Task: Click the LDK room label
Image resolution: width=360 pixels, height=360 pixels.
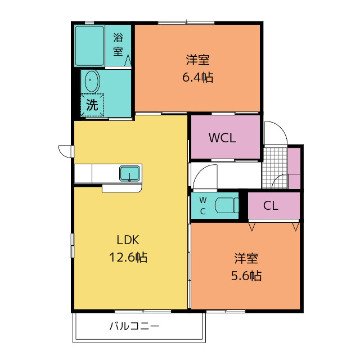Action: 128,240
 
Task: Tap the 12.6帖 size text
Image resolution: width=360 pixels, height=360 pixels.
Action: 128,257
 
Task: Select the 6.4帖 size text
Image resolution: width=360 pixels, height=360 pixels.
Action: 197,77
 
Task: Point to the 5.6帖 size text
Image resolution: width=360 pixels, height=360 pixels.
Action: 246,276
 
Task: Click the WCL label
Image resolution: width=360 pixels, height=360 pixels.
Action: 222,138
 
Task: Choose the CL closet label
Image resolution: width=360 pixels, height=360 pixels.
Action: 271,206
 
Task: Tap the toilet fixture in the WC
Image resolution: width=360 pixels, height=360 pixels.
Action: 227,205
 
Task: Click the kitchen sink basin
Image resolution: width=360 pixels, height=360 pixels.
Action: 129,173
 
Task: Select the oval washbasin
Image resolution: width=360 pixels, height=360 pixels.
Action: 92,81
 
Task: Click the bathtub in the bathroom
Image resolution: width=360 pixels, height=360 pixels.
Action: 89,46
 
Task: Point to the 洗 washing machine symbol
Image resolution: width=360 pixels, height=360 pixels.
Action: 92,105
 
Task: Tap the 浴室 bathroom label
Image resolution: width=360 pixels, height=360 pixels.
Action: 118,44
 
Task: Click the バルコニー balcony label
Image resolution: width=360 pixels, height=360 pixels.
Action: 134,326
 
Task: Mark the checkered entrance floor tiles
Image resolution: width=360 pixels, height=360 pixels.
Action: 274,168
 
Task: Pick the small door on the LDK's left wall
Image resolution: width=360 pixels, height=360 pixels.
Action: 66,151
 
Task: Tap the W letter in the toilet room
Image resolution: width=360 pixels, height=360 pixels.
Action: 202,200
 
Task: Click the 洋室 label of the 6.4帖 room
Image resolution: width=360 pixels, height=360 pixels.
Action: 197,60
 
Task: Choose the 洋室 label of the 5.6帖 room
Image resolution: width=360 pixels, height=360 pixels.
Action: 246,258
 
